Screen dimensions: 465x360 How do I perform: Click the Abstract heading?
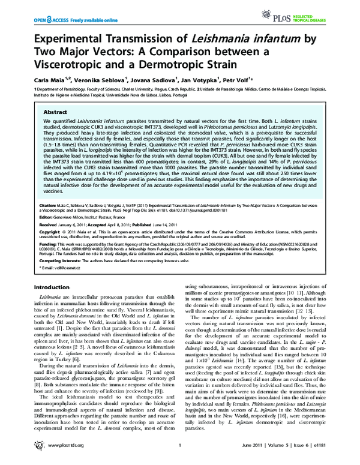56,112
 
